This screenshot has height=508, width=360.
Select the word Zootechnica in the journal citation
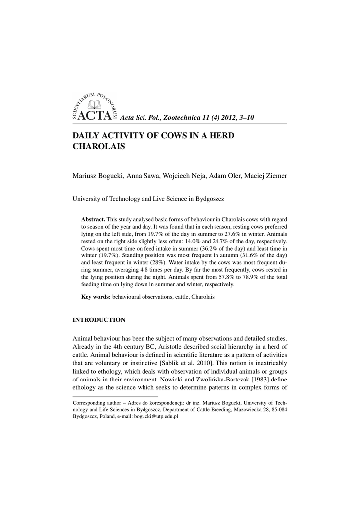[179, 118]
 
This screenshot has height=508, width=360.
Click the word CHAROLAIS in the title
[99, 147]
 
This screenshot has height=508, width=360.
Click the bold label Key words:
[96, 297]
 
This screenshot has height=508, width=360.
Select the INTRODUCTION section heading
[99, 319]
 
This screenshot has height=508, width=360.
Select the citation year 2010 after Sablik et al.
[195, 363]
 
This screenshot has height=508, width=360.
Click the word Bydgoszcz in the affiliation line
[208, 199]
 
